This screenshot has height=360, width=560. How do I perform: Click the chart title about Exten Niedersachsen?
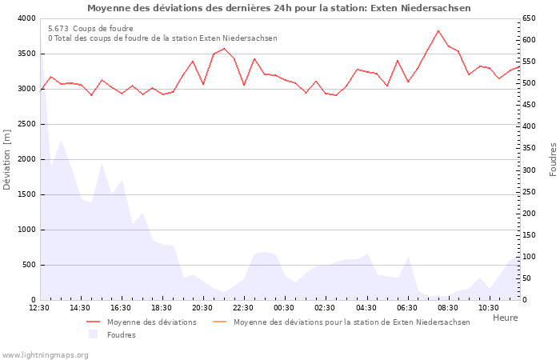pos(278,8)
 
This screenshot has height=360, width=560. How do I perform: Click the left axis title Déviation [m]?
pos(8,159)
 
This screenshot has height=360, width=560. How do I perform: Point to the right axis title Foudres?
pos(553,159)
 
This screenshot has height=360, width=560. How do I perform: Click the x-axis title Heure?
pos(505,318)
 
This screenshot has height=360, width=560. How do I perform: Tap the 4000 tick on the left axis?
pos(26,18)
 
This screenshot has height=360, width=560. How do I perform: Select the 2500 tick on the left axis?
pos(26,124)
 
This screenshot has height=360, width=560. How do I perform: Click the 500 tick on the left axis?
pos(29,265)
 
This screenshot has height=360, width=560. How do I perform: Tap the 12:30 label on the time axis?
pos(39,307)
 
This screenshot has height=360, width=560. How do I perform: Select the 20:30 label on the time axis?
pos(202,307)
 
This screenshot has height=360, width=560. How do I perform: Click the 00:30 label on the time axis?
pos(284,307)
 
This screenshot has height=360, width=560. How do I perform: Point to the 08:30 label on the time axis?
pos(448,307)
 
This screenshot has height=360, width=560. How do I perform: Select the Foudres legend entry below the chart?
pos(121,334)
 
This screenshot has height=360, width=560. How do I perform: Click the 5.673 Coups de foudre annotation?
pos(90,28)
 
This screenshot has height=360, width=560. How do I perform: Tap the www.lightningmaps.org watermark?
pos(45,354)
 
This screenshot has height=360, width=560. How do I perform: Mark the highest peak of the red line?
pos(438,30)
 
